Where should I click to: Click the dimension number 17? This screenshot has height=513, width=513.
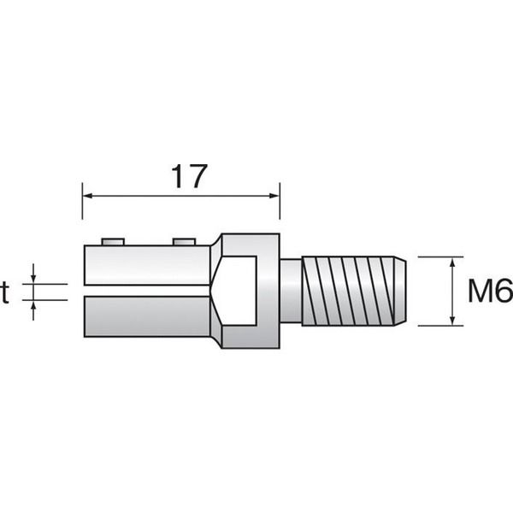tap(189, 176)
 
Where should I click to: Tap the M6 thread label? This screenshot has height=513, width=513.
tap(491, 291)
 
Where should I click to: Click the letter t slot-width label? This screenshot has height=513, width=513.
tap(4, 292)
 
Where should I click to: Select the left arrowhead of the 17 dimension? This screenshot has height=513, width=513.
tap(88, 196)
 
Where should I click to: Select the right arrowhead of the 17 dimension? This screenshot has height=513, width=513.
tap(274, 196)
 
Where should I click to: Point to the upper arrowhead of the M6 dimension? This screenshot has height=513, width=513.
tap(452, 262)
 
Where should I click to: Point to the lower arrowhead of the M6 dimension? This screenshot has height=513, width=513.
tap(452, 321)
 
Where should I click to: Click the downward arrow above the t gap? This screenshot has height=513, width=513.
tap(33, 274)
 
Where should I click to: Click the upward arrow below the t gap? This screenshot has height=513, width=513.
tap(33, 310)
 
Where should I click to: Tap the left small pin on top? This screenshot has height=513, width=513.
tap(113, 242)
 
